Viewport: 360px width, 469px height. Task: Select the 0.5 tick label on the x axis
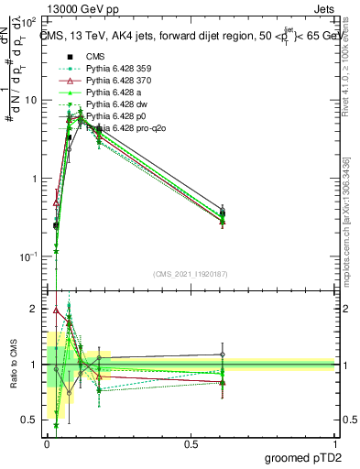click(x=191, y=442)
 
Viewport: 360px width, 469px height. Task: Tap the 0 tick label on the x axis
click(x=47, y=442)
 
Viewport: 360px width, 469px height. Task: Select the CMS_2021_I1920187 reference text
click(x=191, y=274)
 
